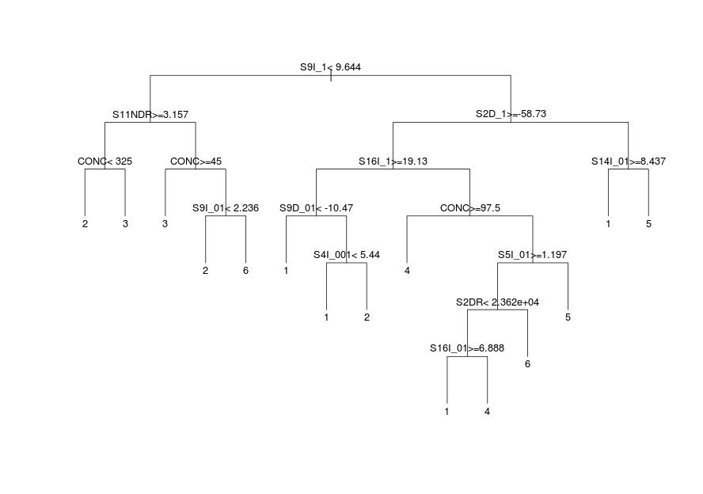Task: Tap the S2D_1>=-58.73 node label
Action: [x=511, y=114]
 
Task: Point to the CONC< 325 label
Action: [x=104, y=161]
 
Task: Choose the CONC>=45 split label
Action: [x=196, y=161]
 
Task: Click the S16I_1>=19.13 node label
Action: [x=393, y=161]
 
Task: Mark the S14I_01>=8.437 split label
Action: [x=629, y=161]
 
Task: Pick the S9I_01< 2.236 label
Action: [x=226, y=208]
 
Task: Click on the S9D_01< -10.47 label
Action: [x=316, y=208]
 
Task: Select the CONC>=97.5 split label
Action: [x=470, y=208]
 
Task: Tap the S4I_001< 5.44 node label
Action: [x=347, y=255]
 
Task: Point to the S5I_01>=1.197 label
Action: [x=532, y=255]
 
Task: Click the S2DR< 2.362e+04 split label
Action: [x=497, y=302]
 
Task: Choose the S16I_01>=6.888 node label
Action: [x=467, y=348]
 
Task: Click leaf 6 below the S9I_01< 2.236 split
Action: [x=245, y=271]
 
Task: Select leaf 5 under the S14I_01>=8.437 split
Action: [x=648, y=224]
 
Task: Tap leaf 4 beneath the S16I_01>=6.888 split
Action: [x=487, y=412]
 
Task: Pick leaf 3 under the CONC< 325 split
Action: [x=125, y=224]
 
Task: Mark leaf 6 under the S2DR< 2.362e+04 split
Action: [x=527, y=364]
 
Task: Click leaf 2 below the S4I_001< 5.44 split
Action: [x=367, y=317]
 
